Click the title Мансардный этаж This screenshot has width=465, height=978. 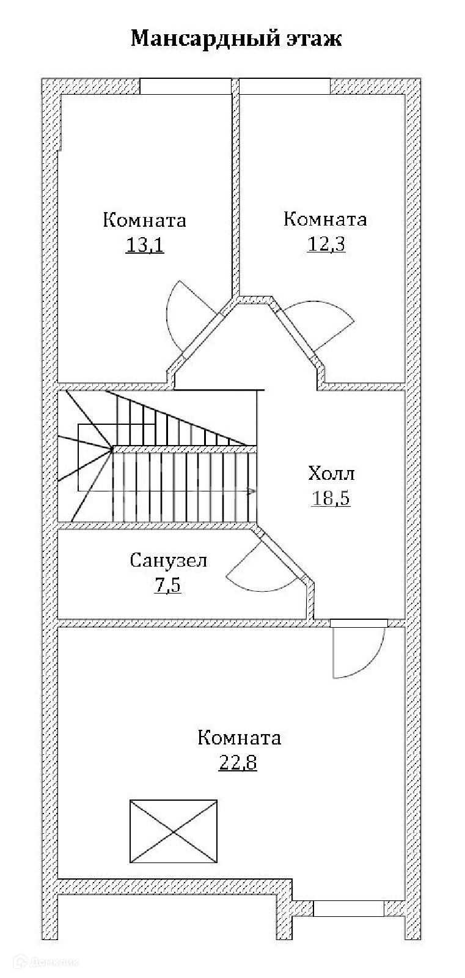point(236,39)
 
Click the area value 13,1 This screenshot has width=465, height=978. point(145,245)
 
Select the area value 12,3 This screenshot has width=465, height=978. point(326,244)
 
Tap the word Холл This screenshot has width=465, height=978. point(331,474)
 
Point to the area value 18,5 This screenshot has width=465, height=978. point(331,498)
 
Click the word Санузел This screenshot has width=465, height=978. point(169,560)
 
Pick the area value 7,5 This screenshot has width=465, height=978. point(168,586)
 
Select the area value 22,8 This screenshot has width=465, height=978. point(238,763)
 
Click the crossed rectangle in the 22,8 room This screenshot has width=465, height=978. point(174,831)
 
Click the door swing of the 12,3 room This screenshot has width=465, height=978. point(324,324)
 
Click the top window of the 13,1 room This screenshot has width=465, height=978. point(186,86)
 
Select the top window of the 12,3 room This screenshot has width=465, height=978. point(285,86)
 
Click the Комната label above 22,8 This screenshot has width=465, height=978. point(239,738)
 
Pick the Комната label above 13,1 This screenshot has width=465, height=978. point(144,220)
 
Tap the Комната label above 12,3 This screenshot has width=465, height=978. point(325,219)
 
